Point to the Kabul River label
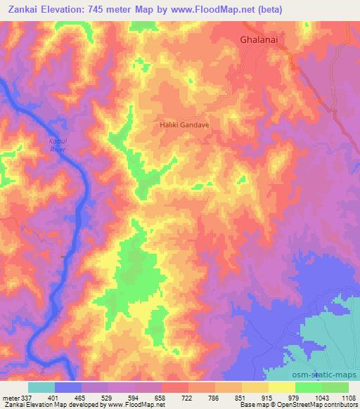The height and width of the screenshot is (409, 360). pyautogui.click(x=58, y=145)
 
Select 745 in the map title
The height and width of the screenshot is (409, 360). pyautogui.click(x=91, y=8)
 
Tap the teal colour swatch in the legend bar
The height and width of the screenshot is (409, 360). pyautogui.click(x=41, y=387)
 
